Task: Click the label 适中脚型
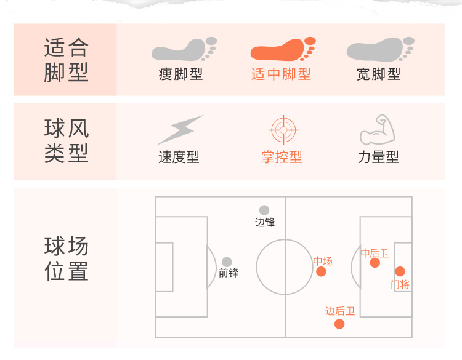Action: [282, 74]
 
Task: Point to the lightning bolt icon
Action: [179, 130]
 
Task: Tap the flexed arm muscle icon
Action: [376, 129]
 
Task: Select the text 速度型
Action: [179, 157]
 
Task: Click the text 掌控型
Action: [282, 157]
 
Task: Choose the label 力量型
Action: [378, 157]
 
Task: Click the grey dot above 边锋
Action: [264, 210]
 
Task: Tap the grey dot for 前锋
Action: [227, 262]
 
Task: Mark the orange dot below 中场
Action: [321, 272]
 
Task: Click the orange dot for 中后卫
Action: [375, 263]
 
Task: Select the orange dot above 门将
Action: [400, 271]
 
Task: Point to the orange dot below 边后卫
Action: [339, 324]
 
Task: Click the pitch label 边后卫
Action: [340, 311]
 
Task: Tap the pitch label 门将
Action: [400, 284]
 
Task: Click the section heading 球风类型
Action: [67, 141]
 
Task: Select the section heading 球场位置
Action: [67, 259]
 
